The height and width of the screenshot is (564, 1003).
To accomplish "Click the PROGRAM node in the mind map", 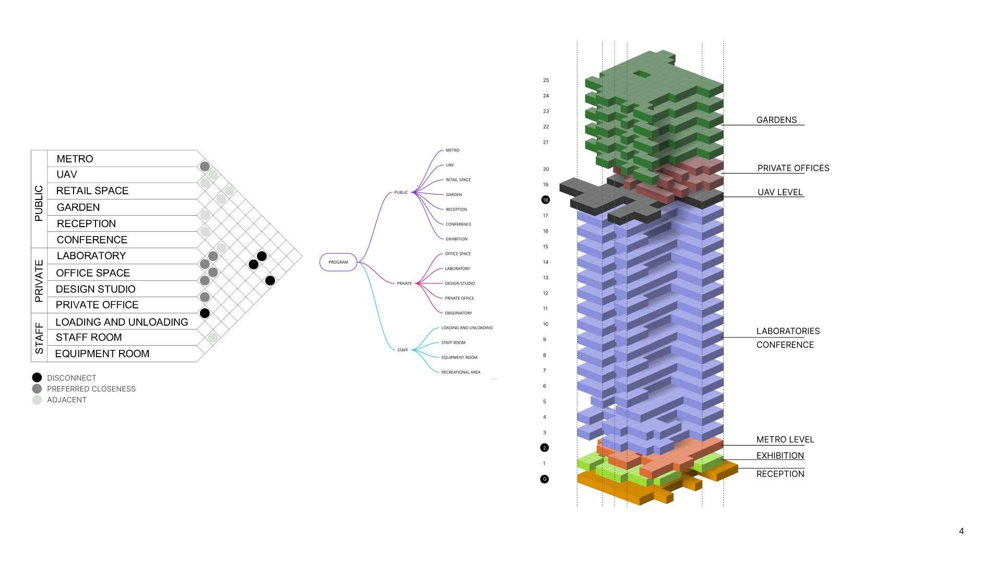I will point(338,262).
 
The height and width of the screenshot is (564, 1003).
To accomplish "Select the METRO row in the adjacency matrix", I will point(75,159).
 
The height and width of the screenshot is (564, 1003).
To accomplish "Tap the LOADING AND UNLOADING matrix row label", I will point(122,322).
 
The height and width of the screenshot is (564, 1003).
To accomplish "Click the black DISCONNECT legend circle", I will point(37,378).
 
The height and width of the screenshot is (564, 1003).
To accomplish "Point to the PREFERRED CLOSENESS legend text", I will point(91,389).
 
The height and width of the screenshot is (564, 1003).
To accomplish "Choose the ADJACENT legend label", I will point(67,400).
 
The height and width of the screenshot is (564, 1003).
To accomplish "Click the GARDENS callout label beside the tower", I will point(776,120).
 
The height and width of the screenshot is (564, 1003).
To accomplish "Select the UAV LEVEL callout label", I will point(780,192).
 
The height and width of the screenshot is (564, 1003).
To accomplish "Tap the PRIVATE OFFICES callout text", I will point(793,168).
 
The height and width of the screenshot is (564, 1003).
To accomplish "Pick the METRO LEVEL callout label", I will point(785,440).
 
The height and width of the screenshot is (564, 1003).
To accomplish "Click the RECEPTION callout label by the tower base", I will point(780,474).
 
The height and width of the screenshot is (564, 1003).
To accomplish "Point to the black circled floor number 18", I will point(546,200).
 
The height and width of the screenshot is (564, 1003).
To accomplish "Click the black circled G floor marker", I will point(545,479).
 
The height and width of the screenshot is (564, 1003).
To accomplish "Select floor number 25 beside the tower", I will point(546,80).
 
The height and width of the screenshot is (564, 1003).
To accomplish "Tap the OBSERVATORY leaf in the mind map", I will point(458,313).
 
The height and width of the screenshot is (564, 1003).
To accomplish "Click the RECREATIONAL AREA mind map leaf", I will point(461,372).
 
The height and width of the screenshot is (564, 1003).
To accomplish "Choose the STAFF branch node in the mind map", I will point(403,350).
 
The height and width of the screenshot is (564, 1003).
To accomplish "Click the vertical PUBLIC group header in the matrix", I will point(39,204).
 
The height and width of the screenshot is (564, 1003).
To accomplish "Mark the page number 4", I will point(961,531).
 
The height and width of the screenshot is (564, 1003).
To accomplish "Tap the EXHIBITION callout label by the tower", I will point(780,456).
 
